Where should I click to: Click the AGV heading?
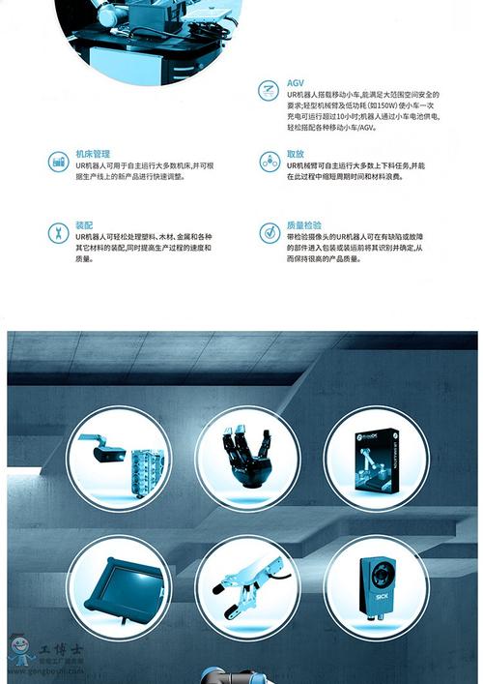click(x=295, y=84)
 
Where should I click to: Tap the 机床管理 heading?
click(x=93, y=154)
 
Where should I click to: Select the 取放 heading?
click(x=296, y=154)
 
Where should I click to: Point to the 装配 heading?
click(x=84, y=224)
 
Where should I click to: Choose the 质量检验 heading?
click(x=304, y=224)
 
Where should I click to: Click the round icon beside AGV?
click(x=270, y=91)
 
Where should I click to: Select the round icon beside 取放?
click(x=270, y=162)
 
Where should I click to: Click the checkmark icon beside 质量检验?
click(x=270, y=232)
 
